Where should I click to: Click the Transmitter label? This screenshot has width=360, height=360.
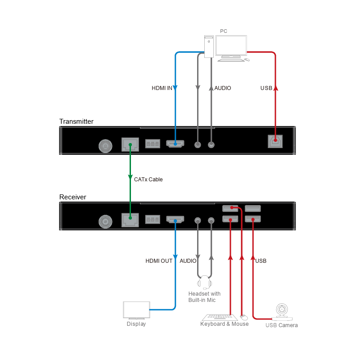pyautogui.click(x=76, y=121)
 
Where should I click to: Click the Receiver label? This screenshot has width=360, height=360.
pyautogui.click(x=72, y=197)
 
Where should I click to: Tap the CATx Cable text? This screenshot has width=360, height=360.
pyautogui.click(x=148, y=179)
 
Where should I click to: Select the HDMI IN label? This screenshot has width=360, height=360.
pyautogui.click(x=162, y=88)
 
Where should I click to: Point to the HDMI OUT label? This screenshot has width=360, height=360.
pyautogui.click(x=159, y=261)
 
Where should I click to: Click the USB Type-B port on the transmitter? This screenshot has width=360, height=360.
pyautogui.click(x=275, y=141)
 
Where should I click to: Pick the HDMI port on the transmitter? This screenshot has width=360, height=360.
pyautogui.click(x=175, y=144)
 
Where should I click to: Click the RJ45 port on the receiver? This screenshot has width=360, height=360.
pyautogui.click(x=130, y=220)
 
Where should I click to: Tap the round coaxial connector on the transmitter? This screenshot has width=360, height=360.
pyautogui.click(x=105, y=146)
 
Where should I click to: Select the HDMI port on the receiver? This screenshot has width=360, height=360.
pyautogui.click(x=175, y=220)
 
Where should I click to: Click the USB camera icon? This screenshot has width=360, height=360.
pyautogui.click(x=282, y=312)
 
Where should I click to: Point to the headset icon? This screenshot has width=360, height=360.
pyautogui.click(x=205, y=283)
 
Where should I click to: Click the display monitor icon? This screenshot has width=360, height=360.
pyautogui.click(x=136, y=310)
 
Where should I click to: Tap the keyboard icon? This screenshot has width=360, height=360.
pyautogui.click(x=220, y=317)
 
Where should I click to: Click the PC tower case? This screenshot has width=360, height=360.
pyautogui.click(x=209, y=46)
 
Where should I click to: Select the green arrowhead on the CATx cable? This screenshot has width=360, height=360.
pyautogui.click(x=130, y=177)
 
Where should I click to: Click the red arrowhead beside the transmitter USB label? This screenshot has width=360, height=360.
pyautogui.click(x=275, y=88)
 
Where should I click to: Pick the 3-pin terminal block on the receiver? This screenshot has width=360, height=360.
pyautogui.click(x=153, y=220)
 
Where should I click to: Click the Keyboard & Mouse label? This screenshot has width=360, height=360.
pyautogui.click(x=224, y=324)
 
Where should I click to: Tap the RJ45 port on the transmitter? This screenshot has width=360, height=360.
pyautogui.click(x=130, y=144)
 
